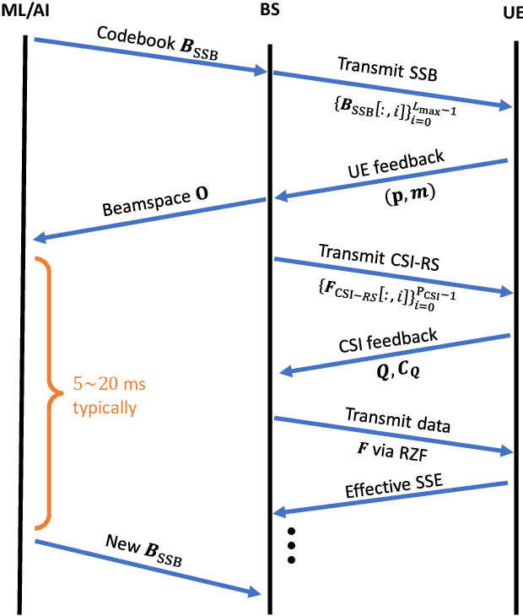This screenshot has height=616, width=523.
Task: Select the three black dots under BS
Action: tap(291, 545)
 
